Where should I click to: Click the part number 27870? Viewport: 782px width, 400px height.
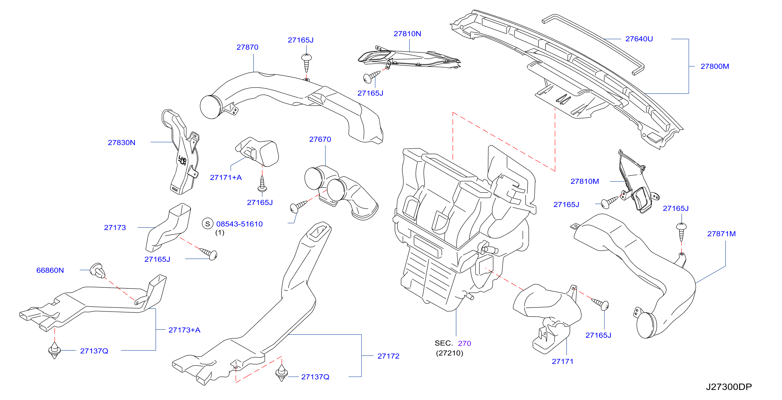[x=247, y=47]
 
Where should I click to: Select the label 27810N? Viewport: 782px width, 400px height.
[x=407, y=34]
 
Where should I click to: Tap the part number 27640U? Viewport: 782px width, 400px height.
[x=639, y=39]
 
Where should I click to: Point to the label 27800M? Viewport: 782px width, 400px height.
[x=715, y=66]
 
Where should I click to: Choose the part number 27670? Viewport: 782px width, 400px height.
[x=320, y=139]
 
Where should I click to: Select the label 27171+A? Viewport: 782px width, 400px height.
[x=226, y=177]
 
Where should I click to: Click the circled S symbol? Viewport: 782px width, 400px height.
[x=208, y=224]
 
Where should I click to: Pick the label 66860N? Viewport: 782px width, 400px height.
[x=50, y=270]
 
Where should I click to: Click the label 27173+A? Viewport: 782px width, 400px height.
[x=184, y=330]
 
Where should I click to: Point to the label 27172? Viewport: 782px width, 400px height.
[x=388, y=356]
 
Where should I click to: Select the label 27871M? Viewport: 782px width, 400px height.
[x=721, y=234]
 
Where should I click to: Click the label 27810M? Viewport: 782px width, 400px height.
[x=585, y=181]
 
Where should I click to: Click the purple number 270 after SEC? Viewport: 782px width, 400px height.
[x=464, y=343]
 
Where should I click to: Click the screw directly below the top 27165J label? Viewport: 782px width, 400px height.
[x=307, y=63]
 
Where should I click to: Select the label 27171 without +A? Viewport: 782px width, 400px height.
[x=562, y=361]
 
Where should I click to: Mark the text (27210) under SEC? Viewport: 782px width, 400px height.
[x=450, y=353]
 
